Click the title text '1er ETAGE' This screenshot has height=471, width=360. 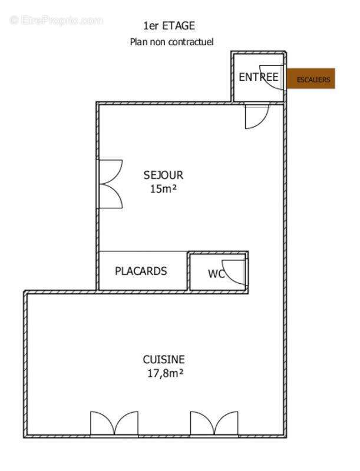coord(169,26)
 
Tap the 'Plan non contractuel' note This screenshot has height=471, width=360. coord(171,42)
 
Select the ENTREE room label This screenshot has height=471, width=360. coord(258,77)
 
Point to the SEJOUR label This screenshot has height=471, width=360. coord(163,175)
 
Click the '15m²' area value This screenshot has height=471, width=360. coord(163,189)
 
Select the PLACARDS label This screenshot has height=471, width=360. coord(141,271)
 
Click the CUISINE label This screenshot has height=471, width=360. coord(164,359)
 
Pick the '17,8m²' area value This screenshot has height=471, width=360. coord(164,373)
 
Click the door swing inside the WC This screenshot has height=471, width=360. coord(235,271)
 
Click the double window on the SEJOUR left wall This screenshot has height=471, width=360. coord(110,184)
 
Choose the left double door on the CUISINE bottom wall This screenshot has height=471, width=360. coord(114,424)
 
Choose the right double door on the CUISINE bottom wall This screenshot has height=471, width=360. coord(214,424)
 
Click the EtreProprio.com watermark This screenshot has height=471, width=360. coord(57,20)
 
